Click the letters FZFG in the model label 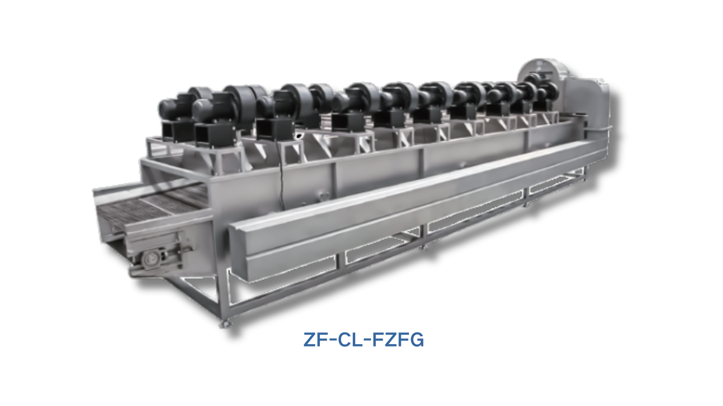[x=398, y=340]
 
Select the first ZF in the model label [x=316, y=340]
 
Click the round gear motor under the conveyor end [x=151, y=259]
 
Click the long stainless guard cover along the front [x=410, y=206]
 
